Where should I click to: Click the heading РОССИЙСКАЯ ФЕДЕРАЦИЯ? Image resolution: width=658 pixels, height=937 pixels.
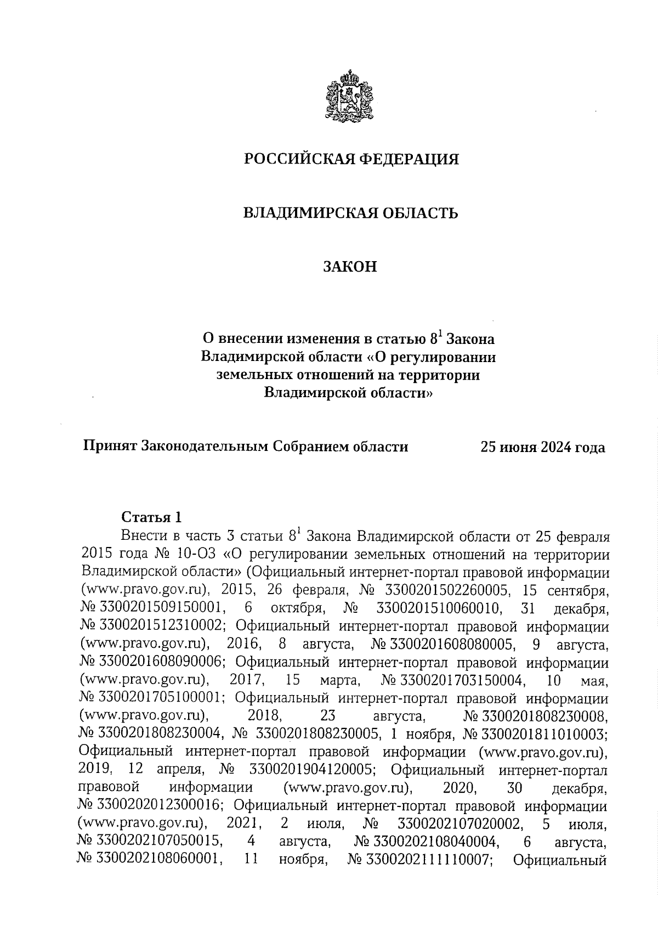click(x=351, y=159)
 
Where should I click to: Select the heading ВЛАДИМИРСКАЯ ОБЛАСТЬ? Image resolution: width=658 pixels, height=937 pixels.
click(x=351, y=213)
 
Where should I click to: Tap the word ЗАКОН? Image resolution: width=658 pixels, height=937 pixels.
click(x=351, y=267)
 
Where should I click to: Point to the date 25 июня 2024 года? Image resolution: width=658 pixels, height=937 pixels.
click(x=543, y=448)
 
